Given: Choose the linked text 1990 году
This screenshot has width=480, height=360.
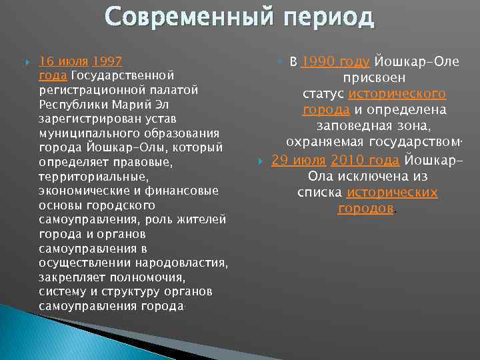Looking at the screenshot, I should [335, 62].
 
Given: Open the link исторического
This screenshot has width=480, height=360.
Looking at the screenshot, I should [397, 94].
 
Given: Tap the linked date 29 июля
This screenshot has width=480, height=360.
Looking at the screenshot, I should [299, 160].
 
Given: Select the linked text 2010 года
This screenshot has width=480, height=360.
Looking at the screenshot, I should [365, 160].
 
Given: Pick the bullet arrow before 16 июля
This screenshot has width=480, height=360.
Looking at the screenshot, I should [27, 61].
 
